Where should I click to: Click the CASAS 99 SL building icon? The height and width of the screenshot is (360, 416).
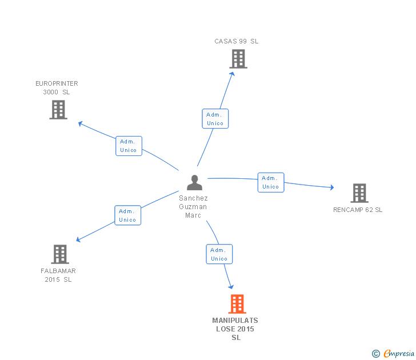click(x=238, y=59)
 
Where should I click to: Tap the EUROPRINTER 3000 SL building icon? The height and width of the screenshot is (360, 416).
click(x=58, y=109)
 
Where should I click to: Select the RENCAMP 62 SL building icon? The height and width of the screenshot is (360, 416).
click(x=359, y=193)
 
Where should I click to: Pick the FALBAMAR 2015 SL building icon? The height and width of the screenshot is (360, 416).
click(x=59, y=254)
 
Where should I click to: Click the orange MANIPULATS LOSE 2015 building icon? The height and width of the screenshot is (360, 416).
click(x=237, y=304)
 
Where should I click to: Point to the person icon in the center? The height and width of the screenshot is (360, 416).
click(x=194, y=183)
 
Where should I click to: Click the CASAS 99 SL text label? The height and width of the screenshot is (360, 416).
click(x=237, y=41)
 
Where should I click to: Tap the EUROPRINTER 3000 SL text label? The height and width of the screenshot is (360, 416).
click(x=57, y=87)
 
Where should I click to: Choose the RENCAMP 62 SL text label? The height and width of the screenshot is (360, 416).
click(x=358, y=210)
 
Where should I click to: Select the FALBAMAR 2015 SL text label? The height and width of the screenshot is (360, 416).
click(x=58, y=275)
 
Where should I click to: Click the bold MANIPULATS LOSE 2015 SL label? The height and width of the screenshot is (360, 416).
click(x=235, y=329)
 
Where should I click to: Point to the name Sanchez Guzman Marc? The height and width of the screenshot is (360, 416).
click(x=193, y=206)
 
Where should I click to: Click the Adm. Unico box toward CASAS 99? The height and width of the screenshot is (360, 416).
click(x=215, y=119)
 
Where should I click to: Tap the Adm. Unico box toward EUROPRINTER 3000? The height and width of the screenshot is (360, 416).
click(x=129, y=146)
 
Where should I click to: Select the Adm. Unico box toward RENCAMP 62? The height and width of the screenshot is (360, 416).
click(x=270, y=182)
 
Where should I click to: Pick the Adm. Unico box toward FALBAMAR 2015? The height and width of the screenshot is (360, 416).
click(x=127, y=215)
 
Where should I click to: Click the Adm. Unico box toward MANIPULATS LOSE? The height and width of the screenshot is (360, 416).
click(x=219, y=254)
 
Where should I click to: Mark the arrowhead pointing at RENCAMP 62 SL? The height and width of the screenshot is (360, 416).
click(x=331, y=187)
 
